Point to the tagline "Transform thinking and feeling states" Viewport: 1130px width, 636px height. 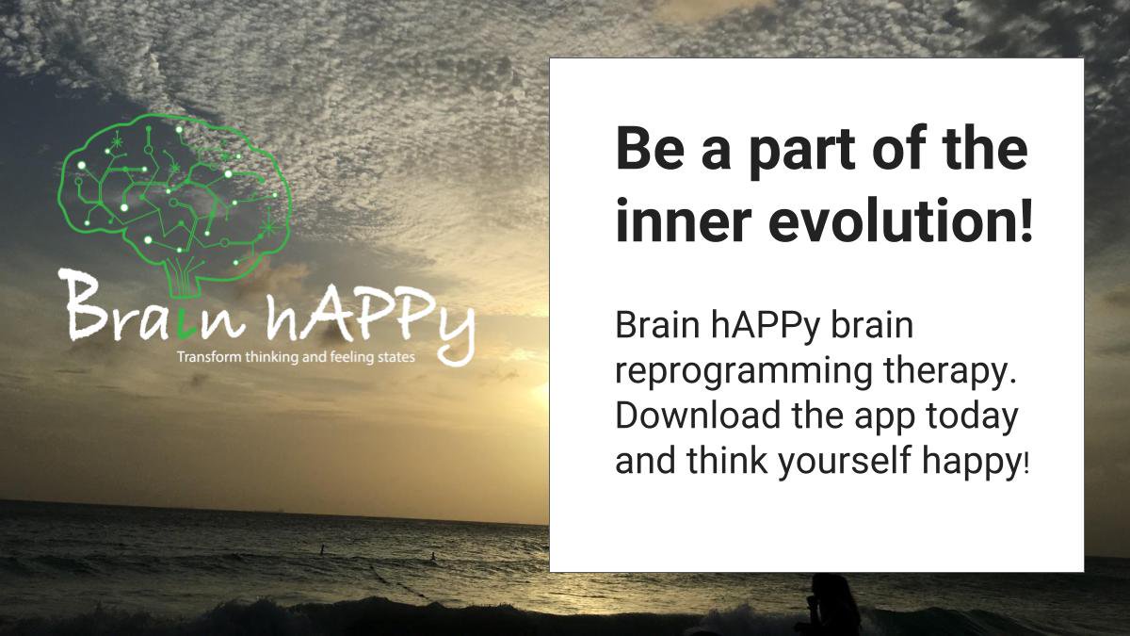(296, 358)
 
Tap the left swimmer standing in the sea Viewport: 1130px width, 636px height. (321, 549)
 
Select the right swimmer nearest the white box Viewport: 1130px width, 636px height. (433, 556)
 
